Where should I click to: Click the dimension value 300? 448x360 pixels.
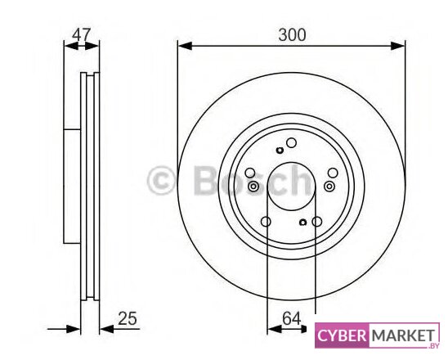point(292,35)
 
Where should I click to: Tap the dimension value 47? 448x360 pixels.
point(81,35)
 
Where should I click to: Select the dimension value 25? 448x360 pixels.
point(128,318)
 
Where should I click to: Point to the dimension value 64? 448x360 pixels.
point(292,318)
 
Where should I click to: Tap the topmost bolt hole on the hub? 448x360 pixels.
point(291,142)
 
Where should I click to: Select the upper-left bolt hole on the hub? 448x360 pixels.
point(250,173)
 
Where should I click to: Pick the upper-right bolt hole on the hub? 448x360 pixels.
point(333,173)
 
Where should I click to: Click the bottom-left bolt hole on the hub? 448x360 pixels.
point(266,222)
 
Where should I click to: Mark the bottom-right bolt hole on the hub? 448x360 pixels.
point(317,222)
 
